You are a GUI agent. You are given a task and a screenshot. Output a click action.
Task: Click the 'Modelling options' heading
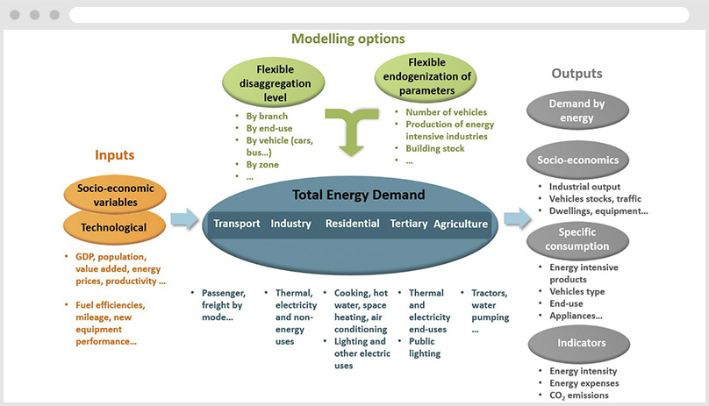pos(347,39)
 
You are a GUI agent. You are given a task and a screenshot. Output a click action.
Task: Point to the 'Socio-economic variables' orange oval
pos(114,195)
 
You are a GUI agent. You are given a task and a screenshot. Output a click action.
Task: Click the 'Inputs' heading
pos(114,155)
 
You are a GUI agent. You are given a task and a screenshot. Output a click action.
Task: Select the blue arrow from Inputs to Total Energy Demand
pos(184,219)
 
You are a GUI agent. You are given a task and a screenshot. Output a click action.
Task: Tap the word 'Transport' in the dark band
pos(237,224)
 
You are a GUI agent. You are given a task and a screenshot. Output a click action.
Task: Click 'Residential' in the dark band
pos(352,224)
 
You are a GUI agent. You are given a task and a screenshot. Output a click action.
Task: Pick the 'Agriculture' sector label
pos(461,224)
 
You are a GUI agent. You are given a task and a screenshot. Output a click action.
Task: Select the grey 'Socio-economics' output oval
pos(577,160)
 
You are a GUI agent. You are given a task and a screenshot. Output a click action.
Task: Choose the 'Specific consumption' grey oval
pos(577,238)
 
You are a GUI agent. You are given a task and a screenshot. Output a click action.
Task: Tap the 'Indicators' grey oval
pos(577,343)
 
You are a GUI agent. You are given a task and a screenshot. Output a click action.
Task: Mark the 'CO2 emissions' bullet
pos(584,395)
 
